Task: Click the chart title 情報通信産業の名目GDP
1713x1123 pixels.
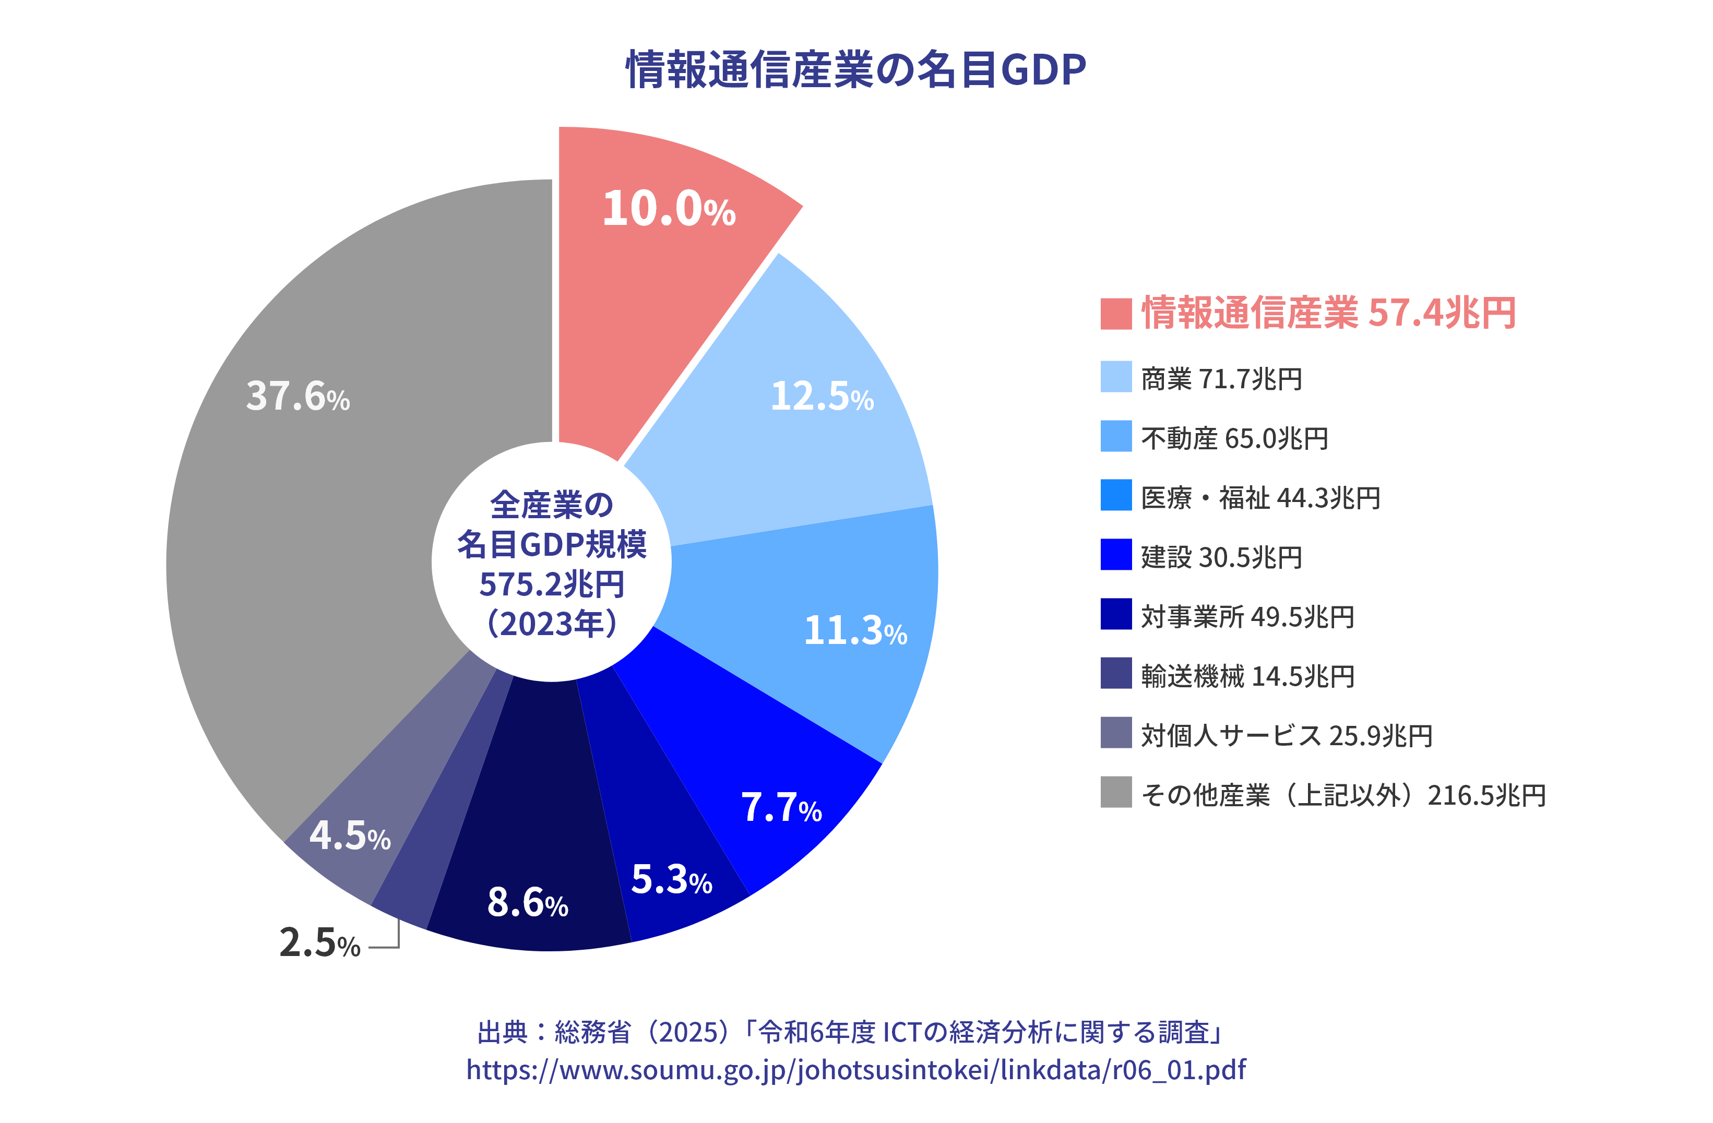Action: (856, 70)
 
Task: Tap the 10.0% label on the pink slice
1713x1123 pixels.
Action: (669, 209)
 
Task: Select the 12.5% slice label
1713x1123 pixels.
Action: (822, 397)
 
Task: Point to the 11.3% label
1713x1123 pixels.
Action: (855, 631)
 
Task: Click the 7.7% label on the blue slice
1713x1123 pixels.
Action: (781, 807)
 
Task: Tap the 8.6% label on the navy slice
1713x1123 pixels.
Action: (528, 902)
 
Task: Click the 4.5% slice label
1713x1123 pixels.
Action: (350, 836)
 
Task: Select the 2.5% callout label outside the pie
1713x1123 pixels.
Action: (319, 942)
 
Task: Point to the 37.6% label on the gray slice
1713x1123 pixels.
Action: (298, 397)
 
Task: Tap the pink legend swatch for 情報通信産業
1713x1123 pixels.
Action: (1115, 314)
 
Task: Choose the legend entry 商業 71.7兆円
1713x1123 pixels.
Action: (1221, 378)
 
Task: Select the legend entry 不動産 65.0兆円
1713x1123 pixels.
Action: (1234, 438)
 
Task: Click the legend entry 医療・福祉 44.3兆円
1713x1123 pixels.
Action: (1260, 498)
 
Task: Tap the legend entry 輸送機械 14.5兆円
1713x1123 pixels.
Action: (1247, 676)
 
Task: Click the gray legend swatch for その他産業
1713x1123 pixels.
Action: (1115, 792)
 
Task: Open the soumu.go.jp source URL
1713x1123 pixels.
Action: (856, 1070)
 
